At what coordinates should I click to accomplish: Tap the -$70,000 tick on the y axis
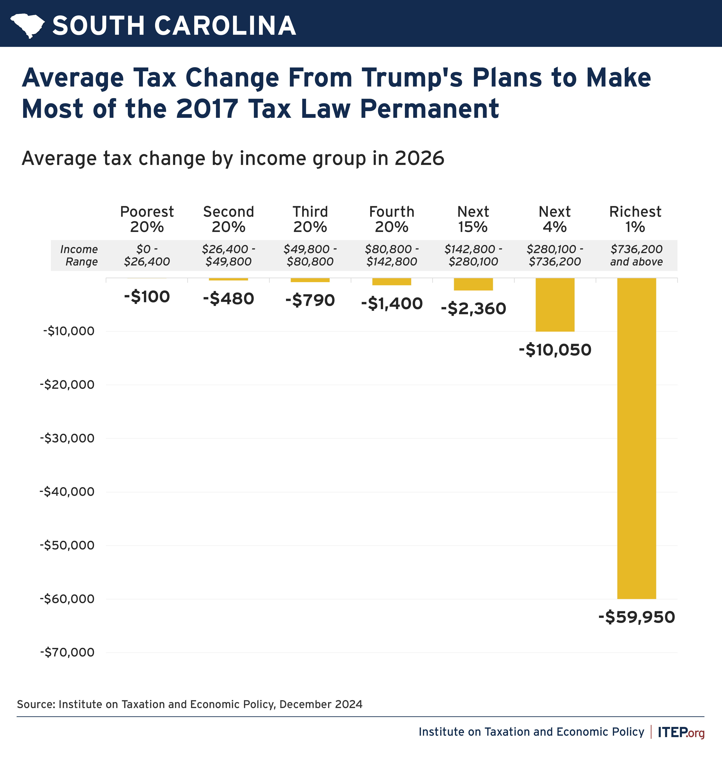(x=67, y=652)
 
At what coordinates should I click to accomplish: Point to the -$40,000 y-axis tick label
(x=67, y=492)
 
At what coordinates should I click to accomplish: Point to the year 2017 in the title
(x=207, y=109)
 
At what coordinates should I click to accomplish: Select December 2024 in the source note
(x=321, y=704)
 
